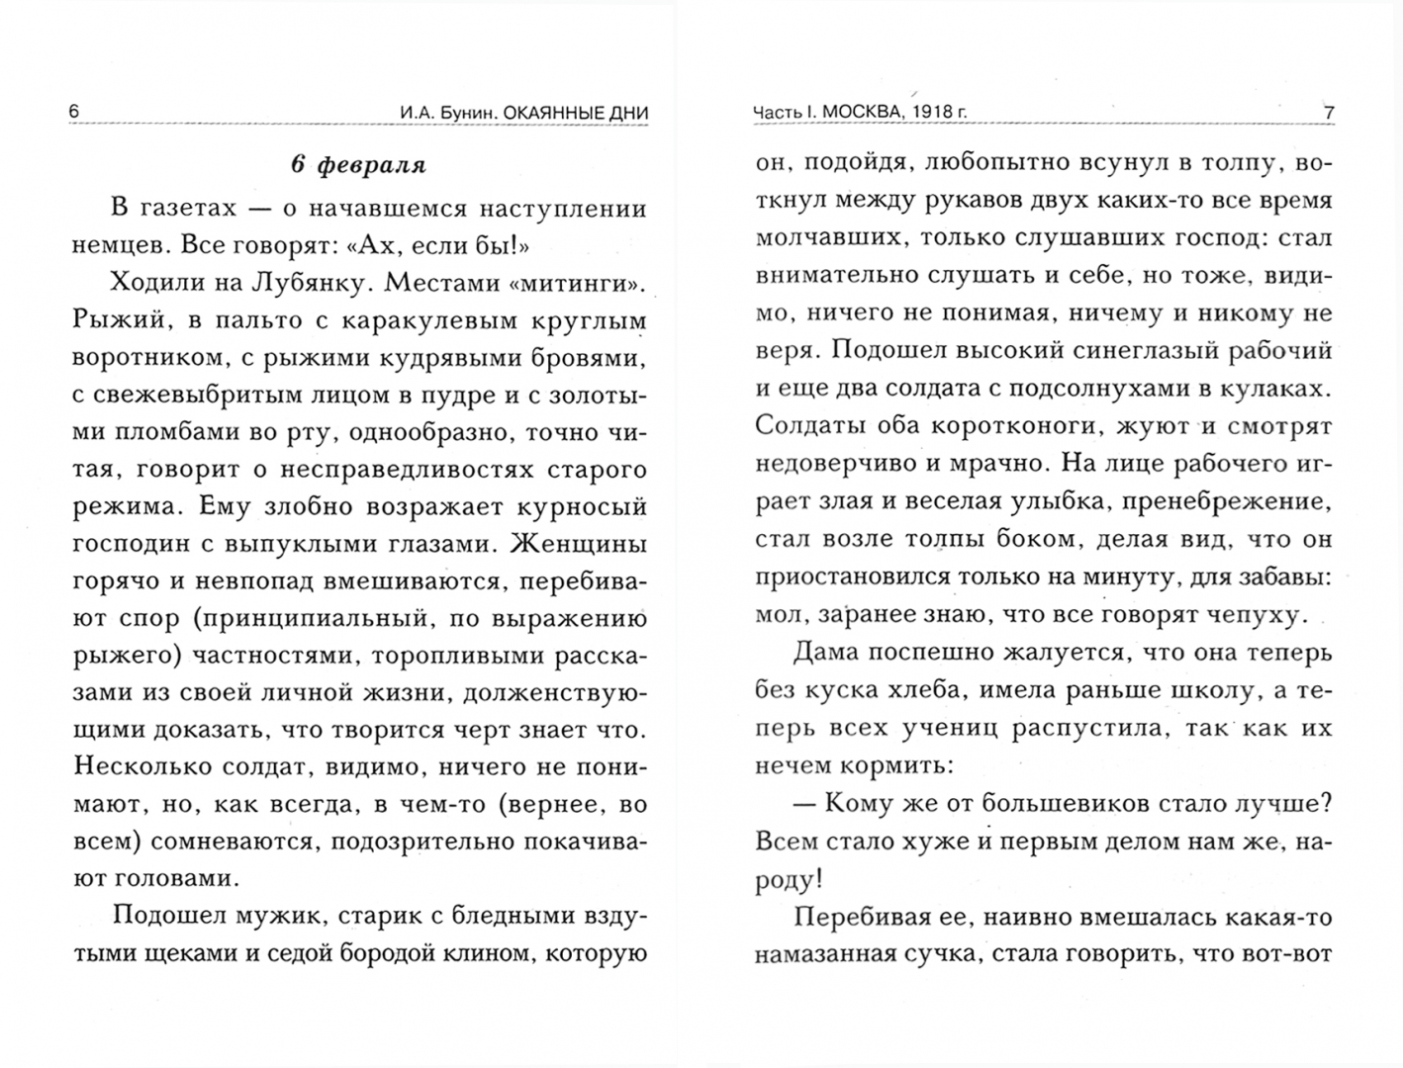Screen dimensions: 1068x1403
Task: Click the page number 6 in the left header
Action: pos(74,112)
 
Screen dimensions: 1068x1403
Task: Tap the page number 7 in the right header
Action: pos(1329,113)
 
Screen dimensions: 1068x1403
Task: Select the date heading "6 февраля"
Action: pos(358,165)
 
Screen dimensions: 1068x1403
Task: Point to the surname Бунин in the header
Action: pos(464,113)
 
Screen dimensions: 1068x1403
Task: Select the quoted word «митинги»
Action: pos(575,284)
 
